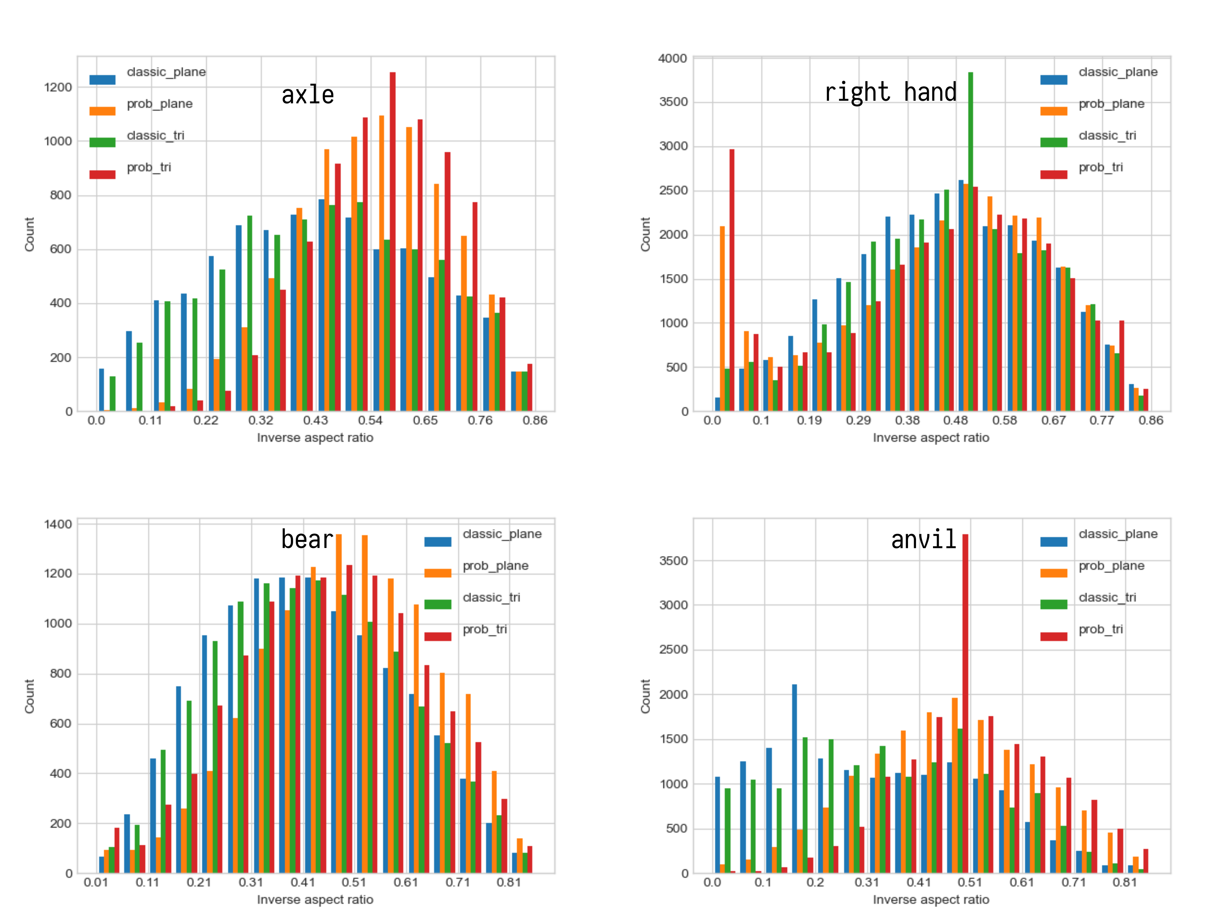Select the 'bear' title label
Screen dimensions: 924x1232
click(x=307, y=539)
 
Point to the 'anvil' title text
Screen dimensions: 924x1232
click(x=923, y=539)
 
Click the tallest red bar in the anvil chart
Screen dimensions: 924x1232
click(x=965, y=702)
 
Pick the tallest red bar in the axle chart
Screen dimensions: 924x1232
click(x=393, y=239)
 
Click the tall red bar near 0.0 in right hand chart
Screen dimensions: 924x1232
click(x=732, y=278)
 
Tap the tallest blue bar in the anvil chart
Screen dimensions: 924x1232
click(x=794, y=777)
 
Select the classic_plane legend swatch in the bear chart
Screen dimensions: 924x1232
click(x=438, y=541)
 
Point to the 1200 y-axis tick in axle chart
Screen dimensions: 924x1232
click(x=58, y=88)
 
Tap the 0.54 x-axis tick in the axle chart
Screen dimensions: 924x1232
click(x=370, y=421)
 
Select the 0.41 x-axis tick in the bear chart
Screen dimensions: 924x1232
click(x=303, y=882)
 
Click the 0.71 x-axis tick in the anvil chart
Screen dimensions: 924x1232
click(x=1073, y=882)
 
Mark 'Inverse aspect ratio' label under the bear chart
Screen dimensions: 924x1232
click(x=315, y=900)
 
